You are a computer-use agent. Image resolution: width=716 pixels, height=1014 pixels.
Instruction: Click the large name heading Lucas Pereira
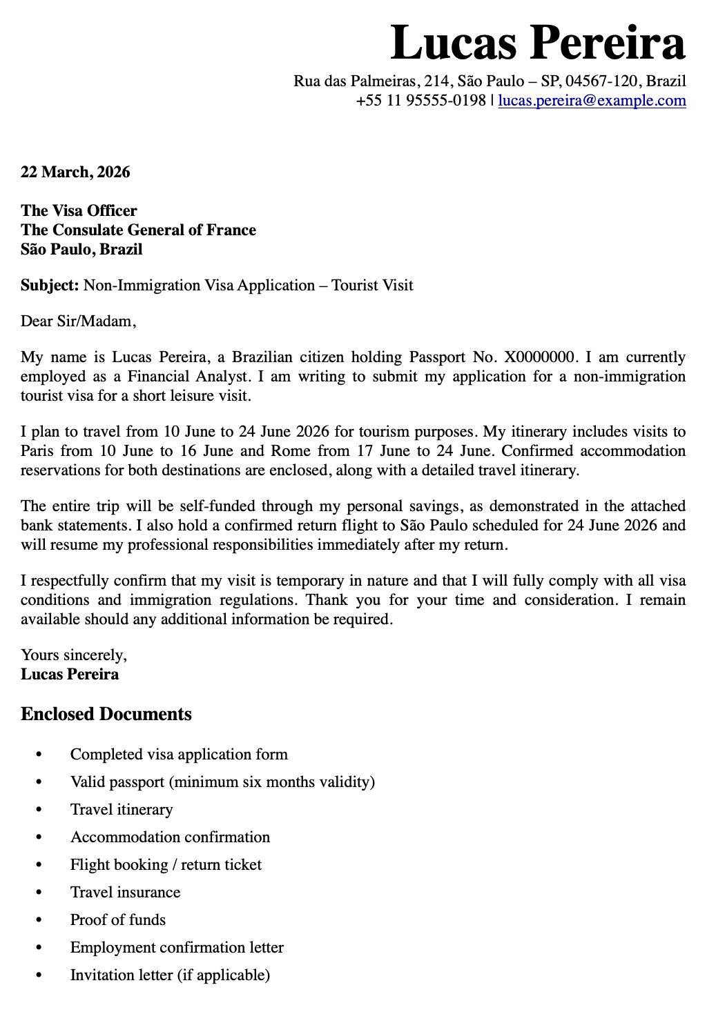click(537, 43)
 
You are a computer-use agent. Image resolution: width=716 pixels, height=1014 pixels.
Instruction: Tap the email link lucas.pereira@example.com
click(592, 101)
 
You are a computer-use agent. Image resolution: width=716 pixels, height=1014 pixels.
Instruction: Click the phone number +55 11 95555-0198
click(420, 101)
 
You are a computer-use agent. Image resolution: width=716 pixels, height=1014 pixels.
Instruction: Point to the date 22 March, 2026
click(75, 172)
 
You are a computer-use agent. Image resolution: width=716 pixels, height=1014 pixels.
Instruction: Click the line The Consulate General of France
click(138, 230)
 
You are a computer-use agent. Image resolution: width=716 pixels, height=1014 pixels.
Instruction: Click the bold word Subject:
click(50, 286)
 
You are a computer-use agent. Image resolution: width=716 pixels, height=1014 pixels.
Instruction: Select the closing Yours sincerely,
click(74, 655)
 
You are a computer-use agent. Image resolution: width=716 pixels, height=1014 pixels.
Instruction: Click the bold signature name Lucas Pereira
click(70, 675)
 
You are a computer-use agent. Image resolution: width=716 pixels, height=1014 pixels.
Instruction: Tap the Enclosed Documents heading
click(106, 714)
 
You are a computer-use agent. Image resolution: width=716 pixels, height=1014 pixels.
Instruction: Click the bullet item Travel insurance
click(125, 893)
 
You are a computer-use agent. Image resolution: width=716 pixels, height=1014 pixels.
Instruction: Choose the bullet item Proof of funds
click(118, 920)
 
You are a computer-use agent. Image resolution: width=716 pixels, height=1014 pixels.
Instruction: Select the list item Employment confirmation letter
click(177, 948)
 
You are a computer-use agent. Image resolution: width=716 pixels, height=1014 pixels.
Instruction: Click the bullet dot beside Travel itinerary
click(39, 810)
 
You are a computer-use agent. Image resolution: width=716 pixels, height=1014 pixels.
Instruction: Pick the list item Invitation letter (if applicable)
click(170, 975)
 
